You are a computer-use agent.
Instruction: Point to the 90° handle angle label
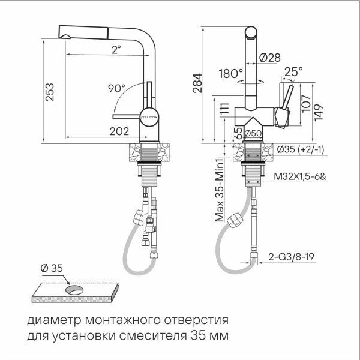[x=116, y=88]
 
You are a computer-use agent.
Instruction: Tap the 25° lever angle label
[x=293, y=71]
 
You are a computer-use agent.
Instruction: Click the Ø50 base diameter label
[x=254, y=133]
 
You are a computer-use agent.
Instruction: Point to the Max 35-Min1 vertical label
[x=220, y=190]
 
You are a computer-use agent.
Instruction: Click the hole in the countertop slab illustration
[x=76, y=290]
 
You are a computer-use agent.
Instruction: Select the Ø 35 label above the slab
[x=52, y=268]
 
